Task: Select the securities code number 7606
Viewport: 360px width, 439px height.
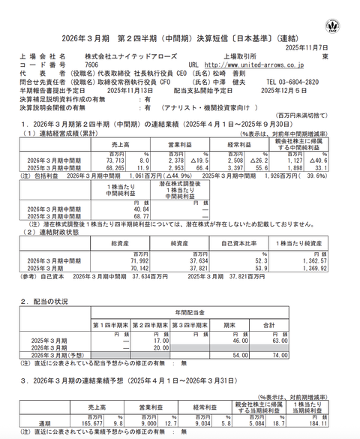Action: tap(91, 65)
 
